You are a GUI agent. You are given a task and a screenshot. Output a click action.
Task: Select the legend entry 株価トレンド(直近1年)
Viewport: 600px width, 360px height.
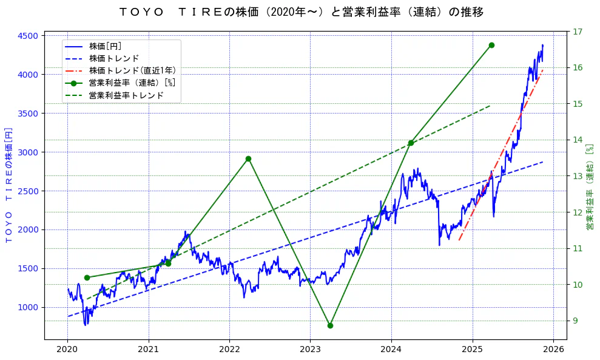point(132,70)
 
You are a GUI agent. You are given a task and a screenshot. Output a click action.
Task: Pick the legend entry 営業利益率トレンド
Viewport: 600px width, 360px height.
point(126,95)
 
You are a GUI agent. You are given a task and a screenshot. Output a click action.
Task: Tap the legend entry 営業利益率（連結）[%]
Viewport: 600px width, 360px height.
point(132,83)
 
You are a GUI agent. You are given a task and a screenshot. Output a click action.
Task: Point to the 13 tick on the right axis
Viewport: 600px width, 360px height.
point(578,176)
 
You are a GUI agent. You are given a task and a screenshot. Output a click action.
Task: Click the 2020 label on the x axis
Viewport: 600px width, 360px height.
point(67,349)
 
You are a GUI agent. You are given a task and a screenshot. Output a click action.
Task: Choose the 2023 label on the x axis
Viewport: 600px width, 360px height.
point(310,349)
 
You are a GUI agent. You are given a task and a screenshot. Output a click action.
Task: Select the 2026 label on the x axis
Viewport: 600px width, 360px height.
point(553,349)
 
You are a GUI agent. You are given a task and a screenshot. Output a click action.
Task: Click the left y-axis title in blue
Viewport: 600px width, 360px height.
point(8,185)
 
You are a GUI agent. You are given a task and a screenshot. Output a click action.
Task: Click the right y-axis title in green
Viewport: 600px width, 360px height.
point(590,186)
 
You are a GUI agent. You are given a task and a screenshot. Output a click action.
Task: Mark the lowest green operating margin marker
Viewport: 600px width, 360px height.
point(330,325)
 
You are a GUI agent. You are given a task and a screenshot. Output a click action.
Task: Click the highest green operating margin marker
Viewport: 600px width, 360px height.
point(491,45)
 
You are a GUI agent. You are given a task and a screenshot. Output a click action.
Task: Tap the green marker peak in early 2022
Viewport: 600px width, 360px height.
point(248,158)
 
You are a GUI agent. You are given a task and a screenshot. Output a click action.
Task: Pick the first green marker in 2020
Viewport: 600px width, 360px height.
point(87,277)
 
